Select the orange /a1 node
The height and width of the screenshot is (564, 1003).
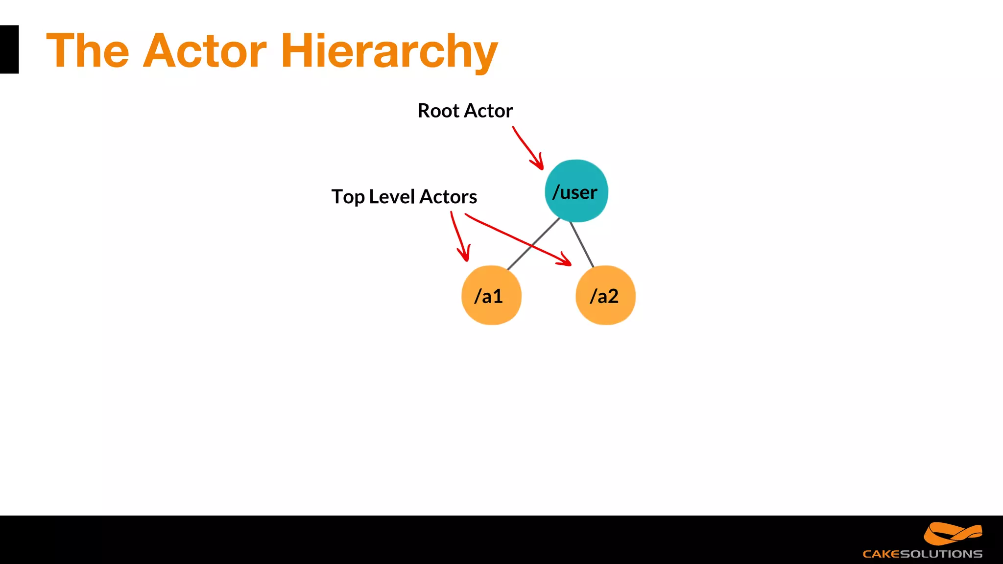[491, 295]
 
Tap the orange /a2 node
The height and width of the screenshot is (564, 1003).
[605, 295]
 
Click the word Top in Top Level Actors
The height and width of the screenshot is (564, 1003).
[348, 197]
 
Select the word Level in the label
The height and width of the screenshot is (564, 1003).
[392, 197]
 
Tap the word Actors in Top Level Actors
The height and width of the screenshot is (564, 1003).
[448, 197]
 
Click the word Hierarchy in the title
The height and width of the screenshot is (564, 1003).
[389, 51]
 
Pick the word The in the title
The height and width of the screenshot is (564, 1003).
[88, 51]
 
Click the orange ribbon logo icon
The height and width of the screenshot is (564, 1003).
[953, 533]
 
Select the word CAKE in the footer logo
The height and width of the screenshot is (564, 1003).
[881, 554]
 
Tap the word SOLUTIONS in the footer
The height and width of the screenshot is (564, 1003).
[941, 554]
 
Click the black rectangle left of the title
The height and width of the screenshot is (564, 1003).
[9, 49]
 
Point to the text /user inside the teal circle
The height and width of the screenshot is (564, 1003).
[575, 192]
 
